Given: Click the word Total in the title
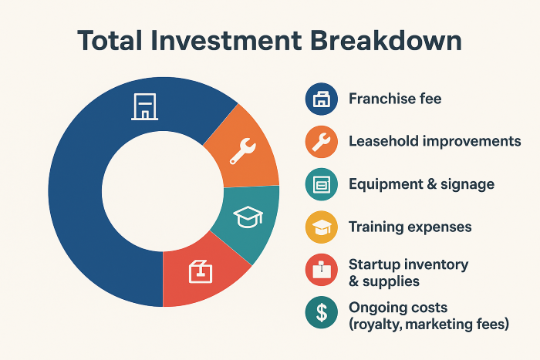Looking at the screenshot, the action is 110,41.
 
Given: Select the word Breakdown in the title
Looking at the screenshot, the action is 386,41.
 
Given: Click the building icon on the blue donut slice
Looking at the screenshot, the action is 145,106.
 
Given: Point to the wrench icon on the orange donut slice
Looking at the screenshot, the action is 243,151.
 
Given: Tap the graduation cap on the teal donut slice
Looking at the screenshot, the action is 248,217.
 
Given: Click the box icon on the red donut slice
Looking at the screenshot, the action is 201,271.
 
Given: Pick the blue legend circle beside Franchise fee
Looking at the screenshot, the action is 322,99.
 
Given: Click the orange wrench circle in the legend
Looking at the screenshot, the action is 322,142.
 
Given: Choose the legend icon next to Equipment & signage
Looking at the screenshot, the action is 322,184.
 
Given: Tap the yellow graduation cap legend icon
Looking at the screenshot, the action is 322,227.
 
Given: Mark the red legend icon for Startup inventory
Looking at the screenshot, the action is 322,270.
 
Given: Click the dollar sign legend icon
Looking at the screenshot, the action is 322,312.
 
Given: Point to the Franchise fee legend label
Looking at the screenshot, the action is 395,99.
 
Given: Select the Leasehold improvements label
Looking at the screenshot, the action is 435,141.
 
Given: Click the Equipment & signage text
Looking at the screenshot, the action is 421,184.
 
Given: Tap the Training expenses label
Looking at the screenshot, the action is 410,227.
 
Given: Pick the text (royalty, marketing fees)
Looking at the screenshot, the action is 429,325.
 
